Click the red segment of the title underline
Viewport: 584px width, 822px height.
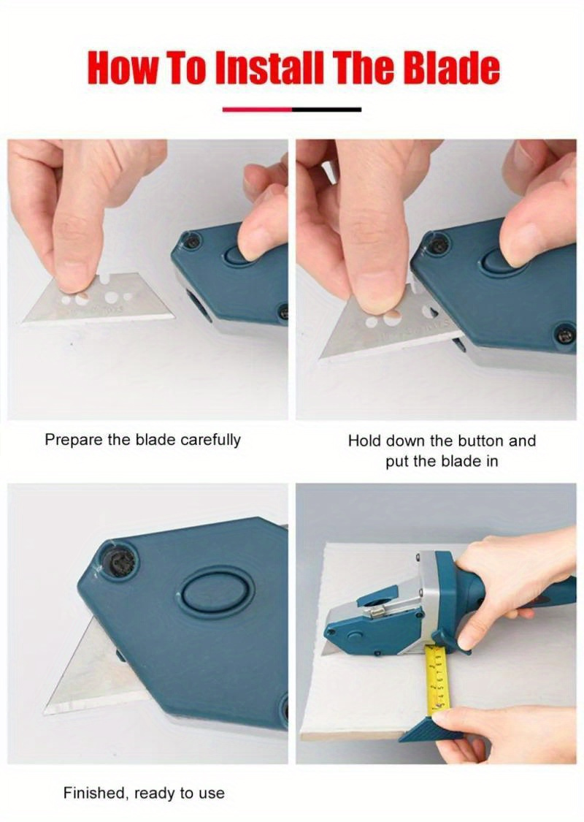click(x=257, y=110)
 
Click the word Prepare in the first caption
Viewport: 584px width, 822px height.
click(x=70, y=440)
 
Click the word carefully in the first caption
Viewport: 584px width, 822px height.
click(x=211, y=440)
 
